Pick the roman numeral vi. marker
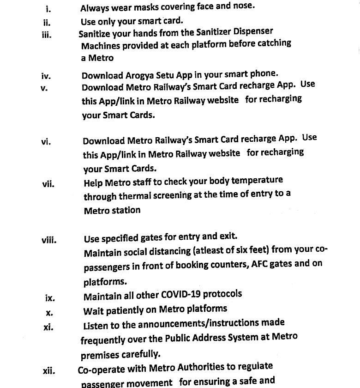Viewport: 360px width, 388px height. [46, 142]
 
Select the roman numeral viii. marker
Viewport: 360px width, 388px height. [48, 240]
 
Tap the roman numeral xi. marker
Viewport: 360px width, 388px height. [48, 327]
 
